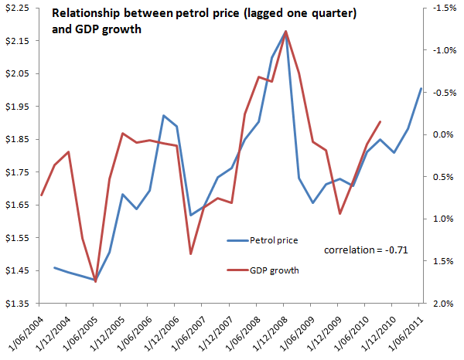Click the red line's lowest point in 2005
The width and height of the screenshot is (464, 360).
pos(95,282)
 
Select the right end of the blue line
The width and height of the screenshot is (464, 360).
pos(421,88)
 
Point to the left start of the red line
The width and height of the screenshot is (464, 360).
pos(41,194)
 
